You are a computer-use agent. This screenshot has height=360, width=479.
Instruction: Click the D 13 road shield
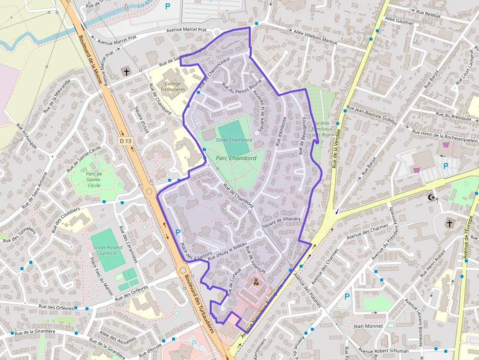click(126, 141)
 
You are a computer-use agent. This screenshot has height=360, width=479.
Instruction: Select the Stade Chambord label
click(234, 140)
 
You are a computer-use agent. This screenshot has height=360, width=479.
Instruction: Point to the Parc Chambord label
click(237, 158)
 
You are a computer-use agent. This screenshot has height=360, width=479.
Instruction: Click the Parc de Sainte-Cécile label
click(93, 179)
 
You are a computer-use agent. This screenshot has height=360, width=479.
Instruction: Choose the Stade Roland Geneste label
click(108, 250)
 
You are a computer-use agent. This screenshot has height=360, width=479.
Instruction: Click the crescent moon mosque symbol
click(431, 197)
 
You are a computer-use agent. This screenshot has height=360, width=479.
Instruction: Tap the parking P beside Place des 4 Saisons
click(178, 233)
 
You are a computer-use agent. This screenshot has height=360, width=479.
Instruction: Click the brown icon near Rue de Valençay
click(256, 281)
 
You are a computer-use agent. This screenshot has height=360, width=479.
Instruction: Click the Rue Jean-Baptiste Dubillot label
click(371, 116)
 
